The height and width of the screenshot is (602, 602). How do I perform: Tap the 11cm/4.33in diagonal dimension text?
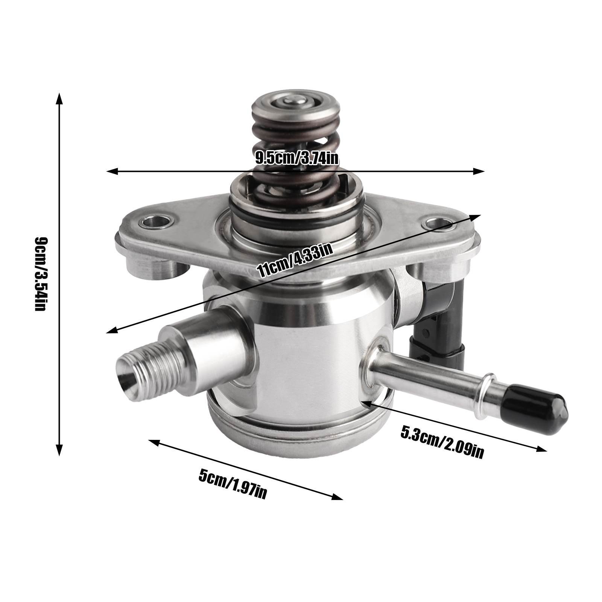[x=294, y=259]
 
